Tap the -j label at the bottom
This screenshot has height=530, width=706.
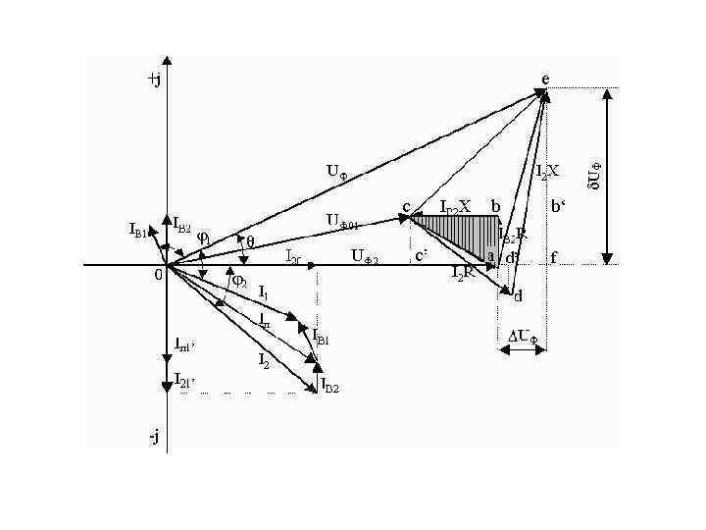(x=154, y=436)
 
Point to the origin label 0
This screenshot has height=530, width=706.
(x=159, y=276)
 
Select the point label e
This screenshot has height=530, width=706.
(x=545, y=79)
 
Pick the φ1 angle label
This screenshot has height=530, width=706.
(x=204, y=236)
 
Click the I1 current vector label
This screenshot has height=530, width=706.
(x=263, y=292)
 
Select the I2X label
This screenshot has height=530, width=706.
(x=547, y=171)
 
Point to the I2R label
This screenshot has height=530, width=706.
(x=463, y=274)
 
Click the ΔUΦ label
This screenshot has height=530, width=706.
(x=523, y=336)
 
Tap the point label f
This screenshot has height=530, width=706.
(x=554, y=258)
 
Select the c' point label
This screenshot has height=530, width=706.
(x=421, y=256)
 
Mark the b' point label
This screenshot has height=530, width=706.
(x=558, y=207)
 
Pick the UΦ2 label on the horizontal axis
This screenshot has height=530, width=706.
(x=364, y=257)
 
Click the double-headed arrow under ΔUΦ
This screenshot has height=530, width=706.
(x=528, y=350)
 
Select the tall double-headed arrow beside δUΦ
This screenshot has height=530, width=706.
(x=610, y=176)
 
